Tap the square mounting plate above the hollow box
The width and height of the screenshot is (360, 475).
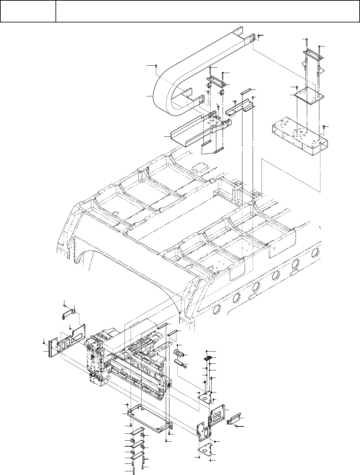click(309, 94)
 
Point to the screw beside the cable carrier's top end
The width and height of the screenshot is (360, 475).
click(259, 35)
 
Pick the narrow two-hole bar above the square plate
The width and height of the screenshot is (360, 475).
click(312, 53)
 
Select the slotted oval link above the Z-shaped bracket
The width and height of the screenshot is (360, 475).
click(246, 91)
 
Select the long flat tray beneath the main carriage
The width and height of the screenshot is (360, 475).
click(150, 418)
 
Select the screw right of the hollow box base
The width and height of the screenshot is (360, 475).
click(324, 127)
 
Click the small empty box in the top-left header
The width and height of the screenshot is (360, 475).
click(28, 11)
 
